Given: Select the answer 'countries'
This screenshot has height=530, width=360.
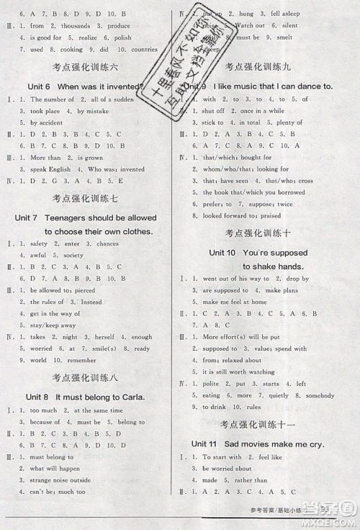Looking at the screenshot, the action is pyautogui.click(x=145, y=50).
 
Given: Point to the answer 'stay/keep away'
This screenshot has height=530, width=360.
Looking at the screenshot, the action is pyautogui.click(x=53, y=325).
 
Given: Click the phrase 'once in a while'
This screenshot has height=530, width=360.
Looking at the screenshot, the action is pyautogui.click(x=262, y=111).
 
